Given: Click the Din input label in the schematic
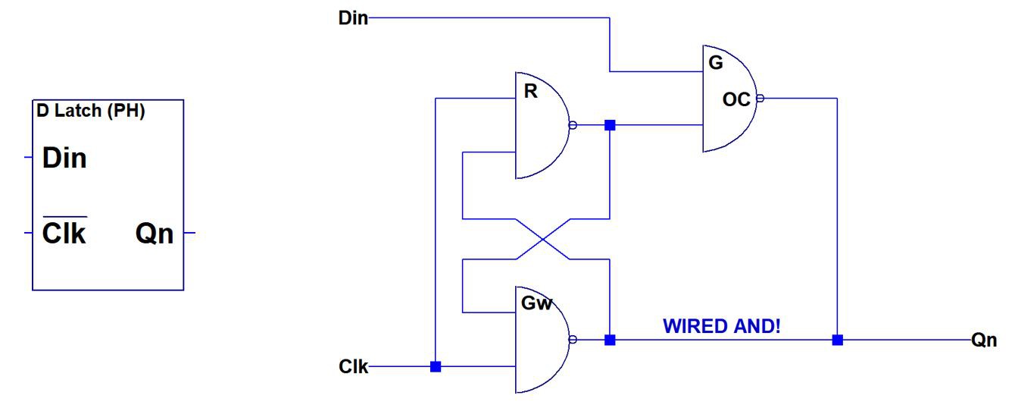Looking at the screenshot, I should point(352,18).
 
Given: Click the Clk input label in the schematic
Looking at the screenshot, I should point(353,368).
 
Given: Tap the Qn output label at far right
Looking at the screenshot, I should point(985,341).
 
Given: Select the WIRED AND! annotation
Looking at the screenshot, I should point(721,326).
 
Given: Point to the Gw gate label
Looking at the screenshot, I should point(536,304).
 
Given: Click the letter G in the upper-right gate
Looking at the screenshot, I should point(715,63).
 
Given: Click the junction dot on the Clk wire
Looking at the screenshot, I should point(436,367).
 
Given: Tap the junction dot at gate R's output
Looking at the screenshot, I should point(610,125).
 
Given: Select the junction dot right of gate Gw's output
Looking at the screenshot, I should point(610,340).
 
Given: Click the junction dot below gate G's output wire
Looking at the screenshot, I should point(837,340).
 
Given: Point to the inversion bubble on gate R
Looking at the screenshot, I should point(573,125).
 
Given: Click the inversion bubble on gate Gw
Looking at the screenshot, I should point(573,340).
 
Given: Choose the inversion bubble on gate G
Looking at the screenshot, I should point(761,98).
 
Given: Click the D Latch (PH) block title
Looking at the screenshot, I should point(91,111).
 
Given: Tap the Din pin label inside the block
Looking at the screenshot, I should point(64,158).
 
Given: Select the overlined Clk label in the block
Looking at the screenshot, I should point(64,233).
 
